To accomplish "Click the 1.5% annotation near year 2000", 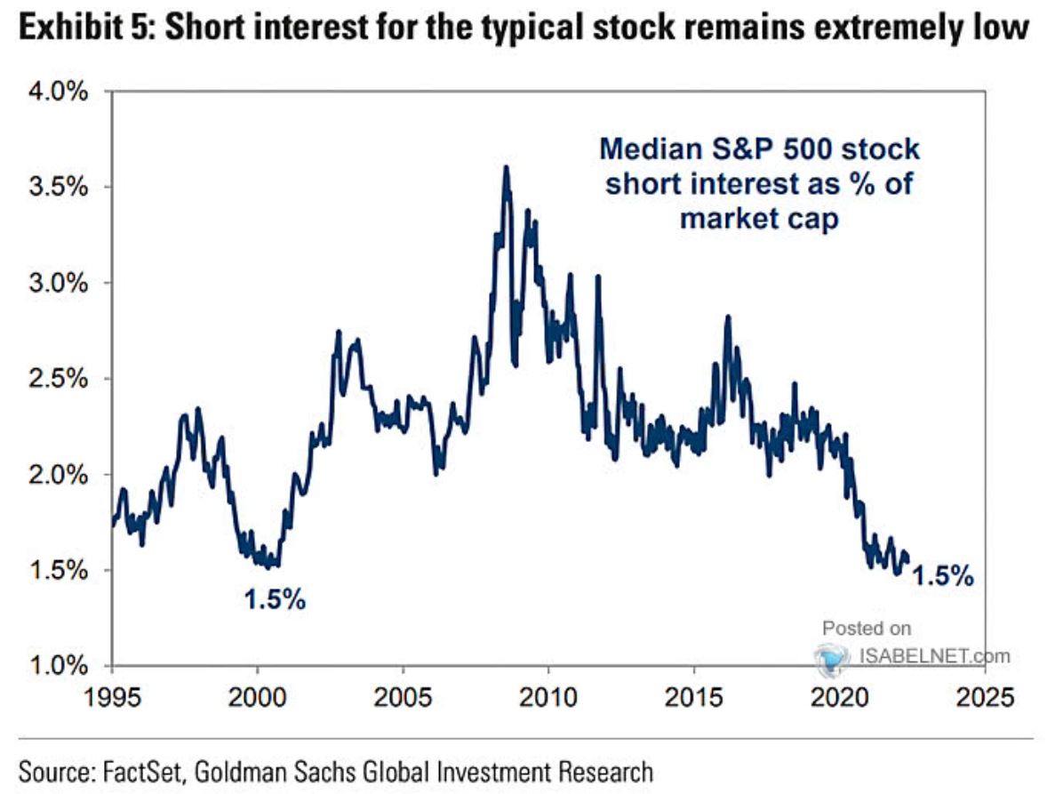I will [276, 599].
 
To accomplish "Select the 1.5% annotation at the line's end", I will [943, 577].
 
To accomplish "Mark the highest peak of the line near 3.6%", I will [506, 168].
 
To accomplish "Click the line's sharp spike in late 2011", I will [598, 277].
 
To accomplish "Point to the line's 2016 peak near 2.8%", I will [727, 317].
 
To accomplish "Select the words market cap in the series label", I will [759, 219].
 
